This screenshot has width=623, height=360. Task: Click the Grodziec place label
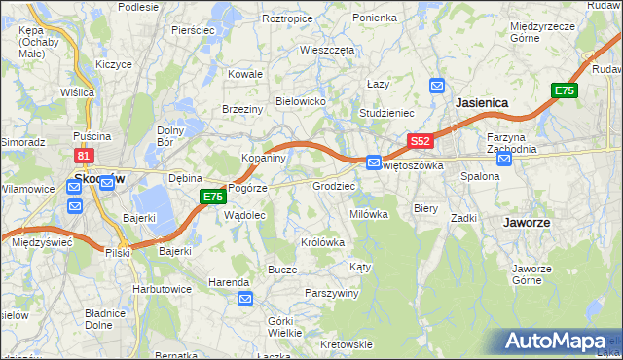coord(333,185)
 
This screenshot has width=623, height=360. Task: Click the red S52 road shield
coord(420,141)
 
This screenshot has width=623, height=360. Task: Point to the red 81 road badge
coord(84,156)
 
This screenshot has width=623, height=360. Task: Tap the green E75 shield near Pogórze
coord(214,197)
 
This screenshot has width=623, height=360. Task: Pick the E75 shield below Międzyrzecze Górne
coord(564,90)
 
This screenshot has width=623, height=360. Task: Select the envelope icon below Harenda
coord(243,299)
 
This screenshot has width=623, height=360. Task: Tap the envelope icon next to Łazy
coord(437,85)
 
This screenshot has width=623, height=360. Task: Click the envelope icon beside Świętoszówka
coord(373,162)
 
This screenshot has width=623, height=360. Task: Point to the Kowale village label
coord(246,74)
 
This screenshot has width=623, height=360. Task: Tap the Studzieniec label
coord(387,113)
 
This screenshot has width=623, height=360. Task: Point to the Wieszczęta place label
coord(327,49)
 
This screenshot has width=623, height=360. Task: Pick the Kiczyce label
coord(114,63)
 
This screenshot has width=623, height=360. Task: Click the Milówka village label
coord(369,214)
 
